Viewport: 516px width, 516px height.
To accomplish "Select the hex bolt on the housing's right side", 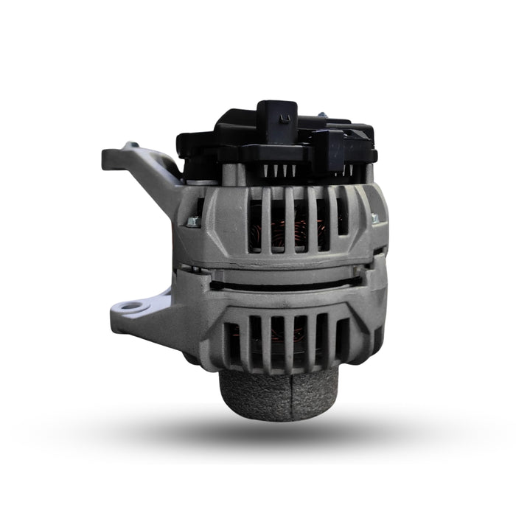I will coord(374,218).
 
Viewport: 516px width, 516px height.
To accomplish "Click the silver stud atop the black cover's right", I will coord(322,116).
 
